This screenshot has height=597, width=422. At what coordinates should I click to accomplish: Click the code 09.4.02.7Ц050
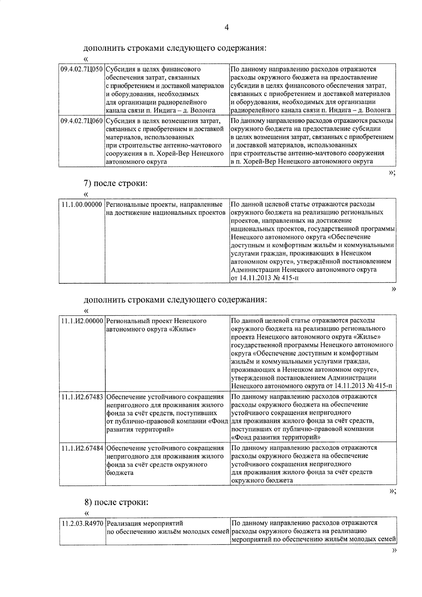coord(82,70)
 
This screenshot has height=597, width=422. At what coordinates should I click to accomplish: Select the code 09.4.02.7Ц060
coord(82,121)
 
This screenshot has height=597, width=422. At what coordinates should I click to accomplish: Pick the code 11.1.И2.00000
coord(82,321)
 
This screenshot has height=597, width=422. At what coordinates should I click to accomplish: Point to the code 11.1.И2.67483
coord(82,397)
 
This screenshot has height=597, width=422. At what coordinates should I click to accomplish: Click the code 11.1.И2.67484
coord(82,448)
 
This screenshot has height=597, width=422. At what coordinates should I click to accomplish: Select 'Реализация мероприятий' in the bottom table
coord(145,524)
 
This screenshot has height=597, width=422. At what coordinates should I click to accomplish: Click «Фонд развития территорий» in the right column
coord(276,437)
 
